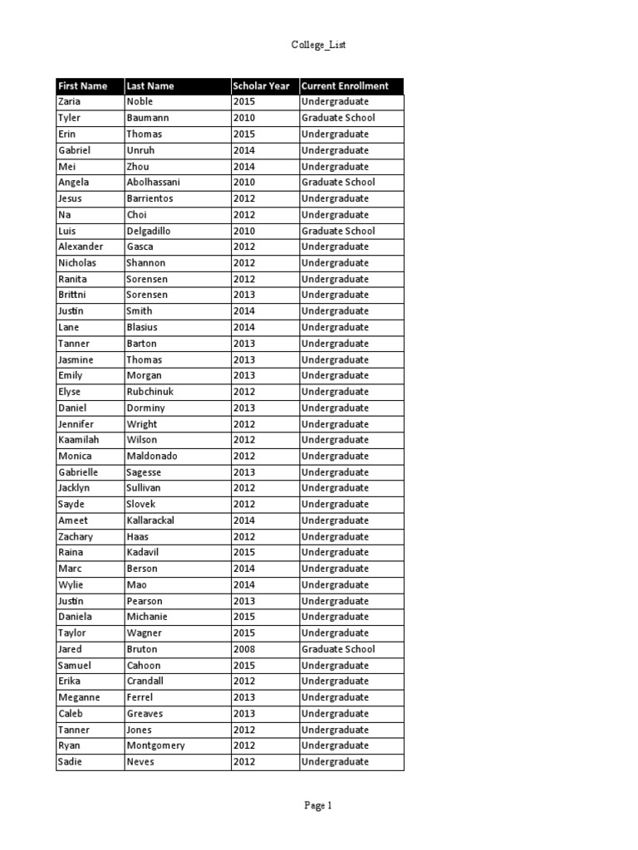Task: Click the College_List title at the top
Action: pos(318,45)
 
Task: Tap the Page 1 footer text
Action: pos(318,805)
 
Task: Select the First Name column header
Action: pos(83,85)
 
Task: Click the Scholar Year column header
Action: pos(261,85)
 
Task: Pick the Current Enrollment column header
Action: pos(345,85)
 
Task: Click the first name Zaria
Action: pos(70,101)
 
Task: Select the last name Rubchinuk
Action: pos(150,392)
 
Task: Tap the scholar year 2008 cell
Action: pos(244,649)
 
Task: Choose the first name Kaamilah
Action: pos(77,440)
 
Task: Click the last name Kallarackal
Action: pos(150,520)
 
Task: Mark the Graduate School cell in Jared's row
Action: pos(338,649)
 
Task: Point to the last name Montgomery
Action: pos(155,745)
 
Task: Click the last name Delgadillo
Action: pos(152,231)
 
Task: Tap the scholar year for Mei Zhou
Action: pos(244,166)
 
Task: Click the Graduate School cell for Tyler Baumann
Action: pos(338,118)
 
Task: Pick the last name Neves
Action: pos(140,762)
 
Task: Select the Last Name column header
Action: pos(150,85)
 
